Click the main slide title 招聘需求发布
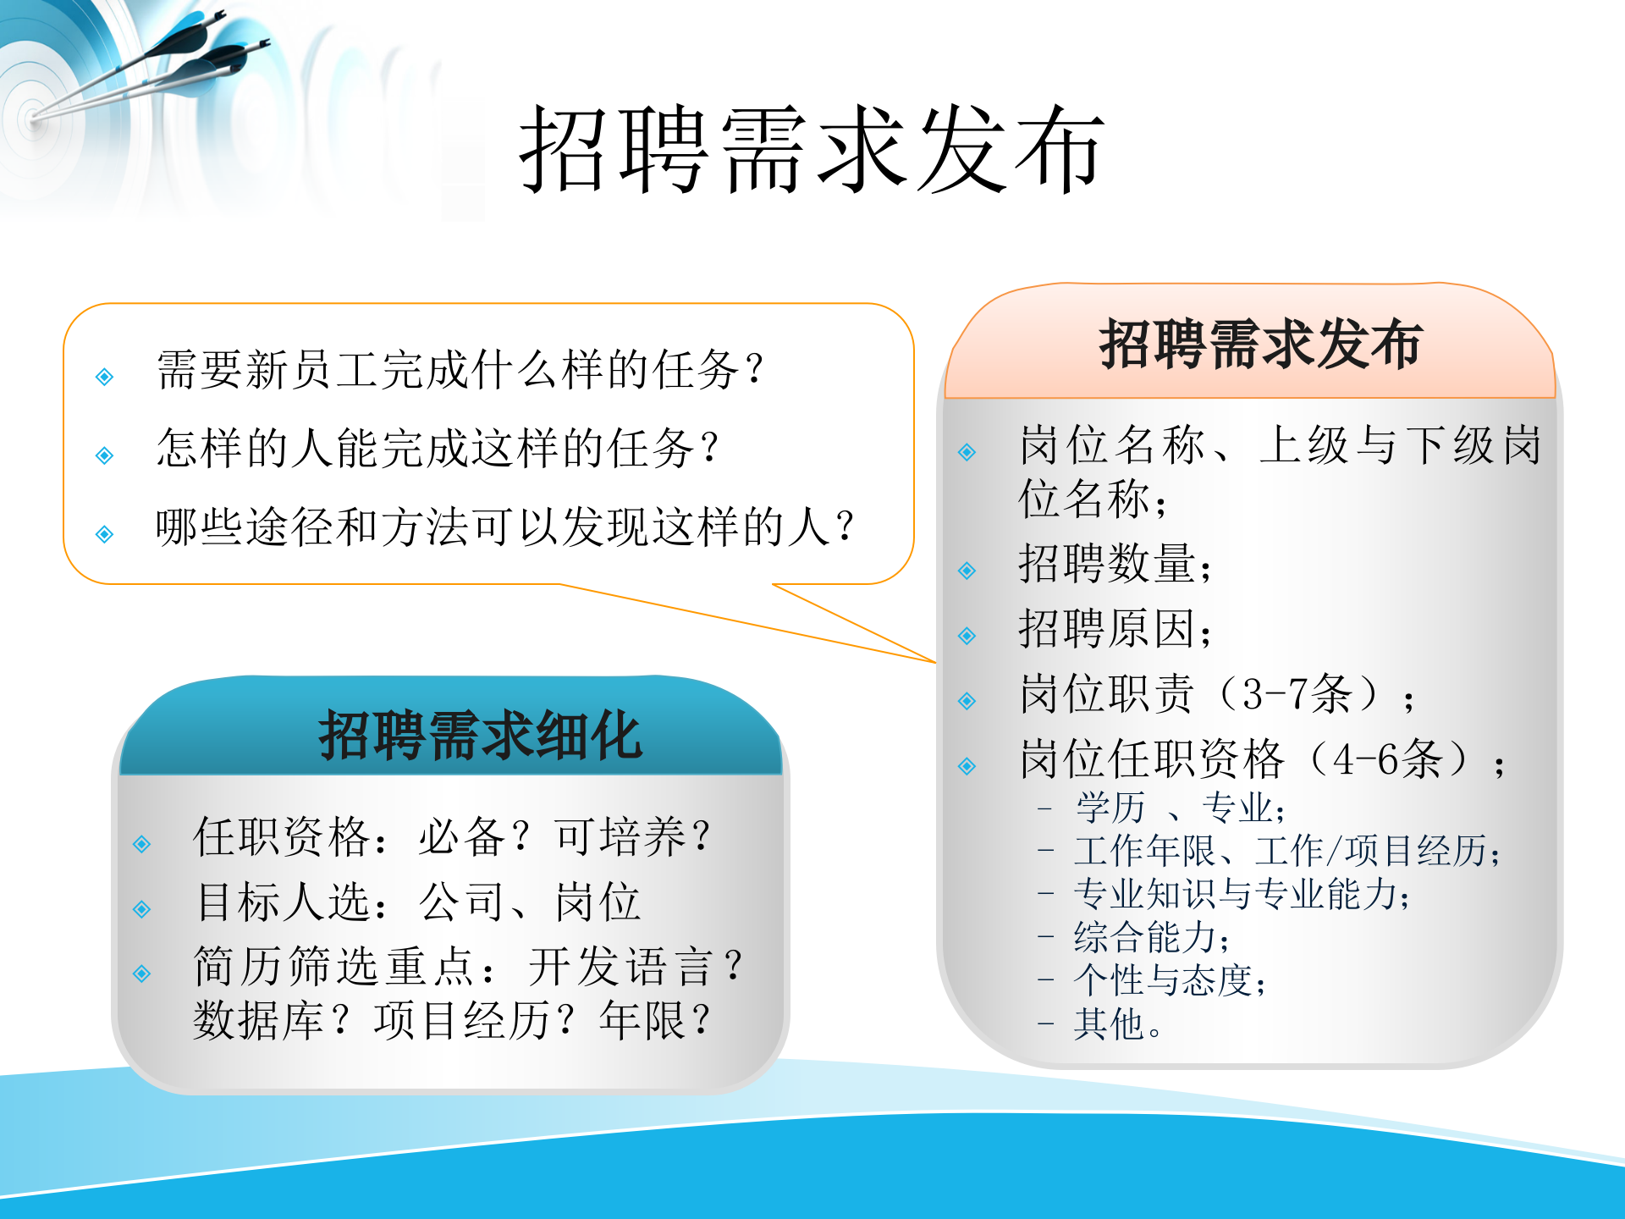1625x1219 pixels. coord(811,151)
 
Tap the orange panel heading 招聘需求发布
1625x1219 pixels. coord(1259,345)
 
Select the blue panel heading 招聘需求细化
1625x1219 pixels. coord(479,735)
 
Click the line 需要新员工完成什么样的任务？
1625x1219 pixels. coord(461,370)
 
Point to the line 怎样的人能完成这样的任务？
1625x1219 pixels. coord(438,449)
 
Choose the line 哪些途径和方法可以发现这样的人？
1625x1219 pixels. coord(506,527)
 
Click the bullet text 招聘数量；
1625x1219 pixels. coord(1115,565)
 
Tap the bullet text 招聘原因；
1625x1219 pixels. coord(1115,630)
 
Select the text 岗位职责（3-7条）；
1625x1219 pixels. coord(1217,695)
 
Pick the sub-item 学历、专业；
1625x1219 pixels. coord(1180,808)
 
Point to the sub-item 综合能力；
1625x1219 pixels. coord(1151,937)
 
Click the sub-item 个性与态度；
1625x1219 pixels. coord(1170,981)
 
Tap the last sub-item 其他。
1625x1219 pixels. coord(1117,1024)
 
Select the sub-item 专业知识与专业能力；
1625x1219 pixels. coord(1242,894)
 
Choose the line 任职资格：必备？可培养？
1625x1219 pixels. coord(453,837)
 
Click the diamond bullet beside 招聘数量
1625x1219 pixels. coord(967,571)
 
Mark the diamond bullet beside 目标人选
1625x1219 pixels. coord(142,910)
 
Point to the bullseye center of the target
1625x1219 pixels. coord(32,118)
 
